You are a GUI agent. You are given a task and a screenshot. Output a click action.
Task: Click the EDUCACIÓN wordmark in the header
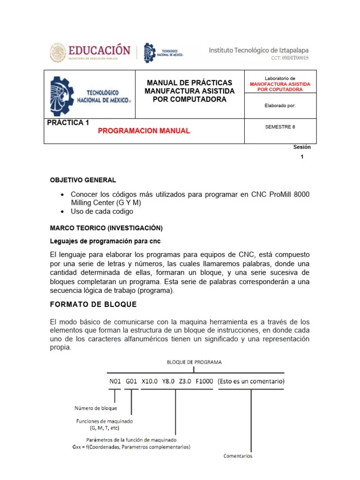click(99, 50)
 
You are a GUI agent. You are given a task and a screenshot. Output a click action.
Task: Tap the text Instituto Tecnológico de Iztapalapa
click(258, 50)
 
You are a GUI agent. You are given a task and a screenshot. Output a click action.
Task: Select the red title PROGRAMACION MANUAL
click(144, 131)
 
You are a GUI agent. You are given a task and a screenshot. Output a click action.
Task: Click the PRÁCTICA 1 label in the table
click(68, 123)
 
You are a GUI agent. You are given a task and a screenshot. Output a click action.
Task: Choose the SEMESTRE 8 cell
click(280, 126)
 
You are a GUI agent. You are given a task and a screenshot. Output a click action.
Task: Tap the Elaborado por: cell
click(280, 105)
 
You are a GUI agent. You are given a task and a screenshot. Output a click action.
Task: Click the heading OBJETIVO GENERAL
click(83, 180)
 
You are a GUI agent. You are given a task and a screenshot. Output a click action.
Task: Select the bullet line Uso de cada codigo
click(102, 211)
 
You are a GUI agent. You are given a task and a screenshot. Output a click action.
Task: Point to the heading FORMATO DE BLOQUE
click(93, 305)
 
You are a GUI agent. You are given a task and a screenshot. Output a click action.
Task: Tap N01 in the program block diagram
click(115, 381)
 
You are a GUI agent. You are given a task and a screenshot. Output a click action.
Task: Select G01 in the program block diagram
click(131, 381)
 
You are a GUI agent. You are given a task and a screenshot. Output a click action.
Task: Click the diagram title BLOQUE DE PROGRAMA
click(194, 362)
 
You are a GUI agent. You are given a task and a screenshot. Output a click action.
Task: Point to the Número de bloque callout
click(96, 408)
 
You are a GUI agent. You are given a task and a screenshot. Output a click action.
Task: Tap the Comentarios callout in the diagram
click(238, 456)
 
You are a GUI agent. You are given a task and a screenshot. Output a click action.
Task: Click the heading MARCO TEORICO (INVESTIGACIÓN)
click(106, 228)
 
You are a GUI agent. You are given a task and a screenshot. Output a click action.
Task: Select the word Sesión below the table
click(302, 147)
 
